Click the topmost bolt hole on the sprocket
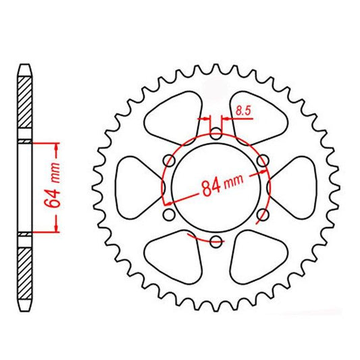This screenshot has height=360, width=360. (215, 133)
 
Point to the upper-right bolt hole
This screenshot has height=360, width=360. (263, 160)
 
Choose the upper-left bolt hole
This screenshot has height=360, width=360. (168, 160)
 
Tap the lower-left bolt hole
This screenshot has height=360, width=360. (168, 215)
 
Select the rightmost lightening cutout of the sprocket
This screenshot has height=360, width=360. (296, 187)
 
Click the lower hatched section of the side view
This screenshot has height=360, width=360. (24, 270)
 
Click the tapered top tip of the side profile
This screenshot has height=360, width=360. (24, 68)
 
